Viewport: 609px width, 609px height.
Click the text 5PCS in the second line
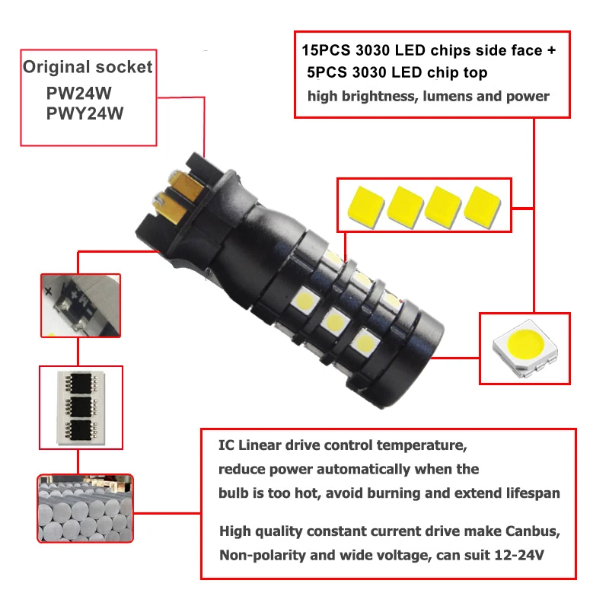pos(328,73)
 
